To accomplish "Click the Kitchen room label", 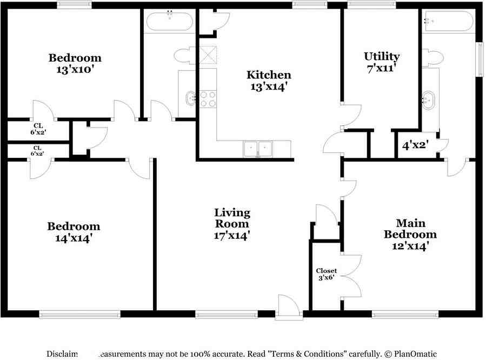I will click(x=269, y=80).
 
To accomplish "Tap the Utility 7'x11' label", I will click(x=381, y=62).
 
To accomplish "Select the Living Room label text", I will click(x=232, y=224).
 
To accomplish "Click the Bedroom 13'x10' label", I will click(x=75, y=63).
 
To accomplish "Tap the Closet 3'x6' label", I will click(x=327, y=274).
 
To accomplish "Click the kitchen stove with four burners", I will click(x=208, y=99).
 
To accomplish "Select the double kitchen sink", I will click(x=257, y=148).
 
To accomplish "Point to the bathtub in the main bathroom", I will click(x=449, y=22).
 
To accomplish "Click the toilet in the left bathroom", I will click(x=182, y=56).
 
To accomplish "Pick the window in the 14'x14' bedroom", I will click(x=79, y=314).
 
